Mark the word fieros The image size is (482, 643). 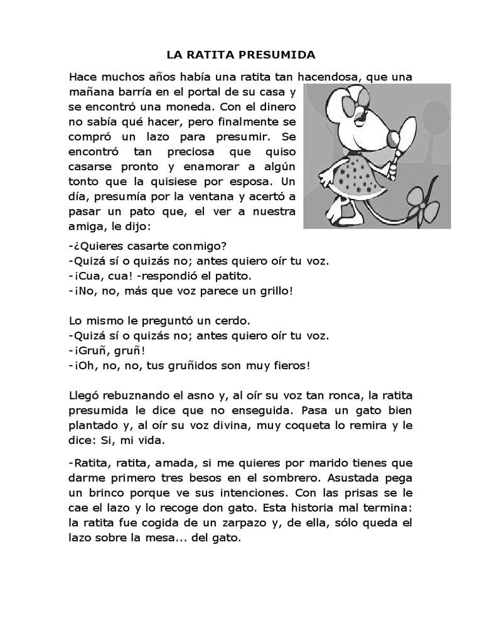pyautogui.click(x=286, y=365)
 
